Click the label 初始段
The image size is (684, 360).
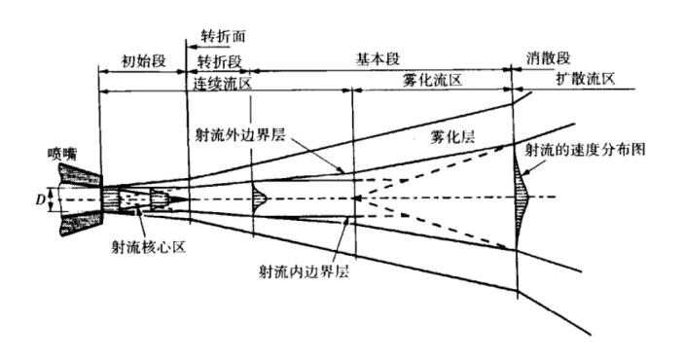[x=144, y=60]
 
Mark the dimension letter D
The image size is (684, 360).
[x=40, y=198]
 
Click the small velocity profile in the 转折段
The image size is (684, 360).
[x=259, y=198]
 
